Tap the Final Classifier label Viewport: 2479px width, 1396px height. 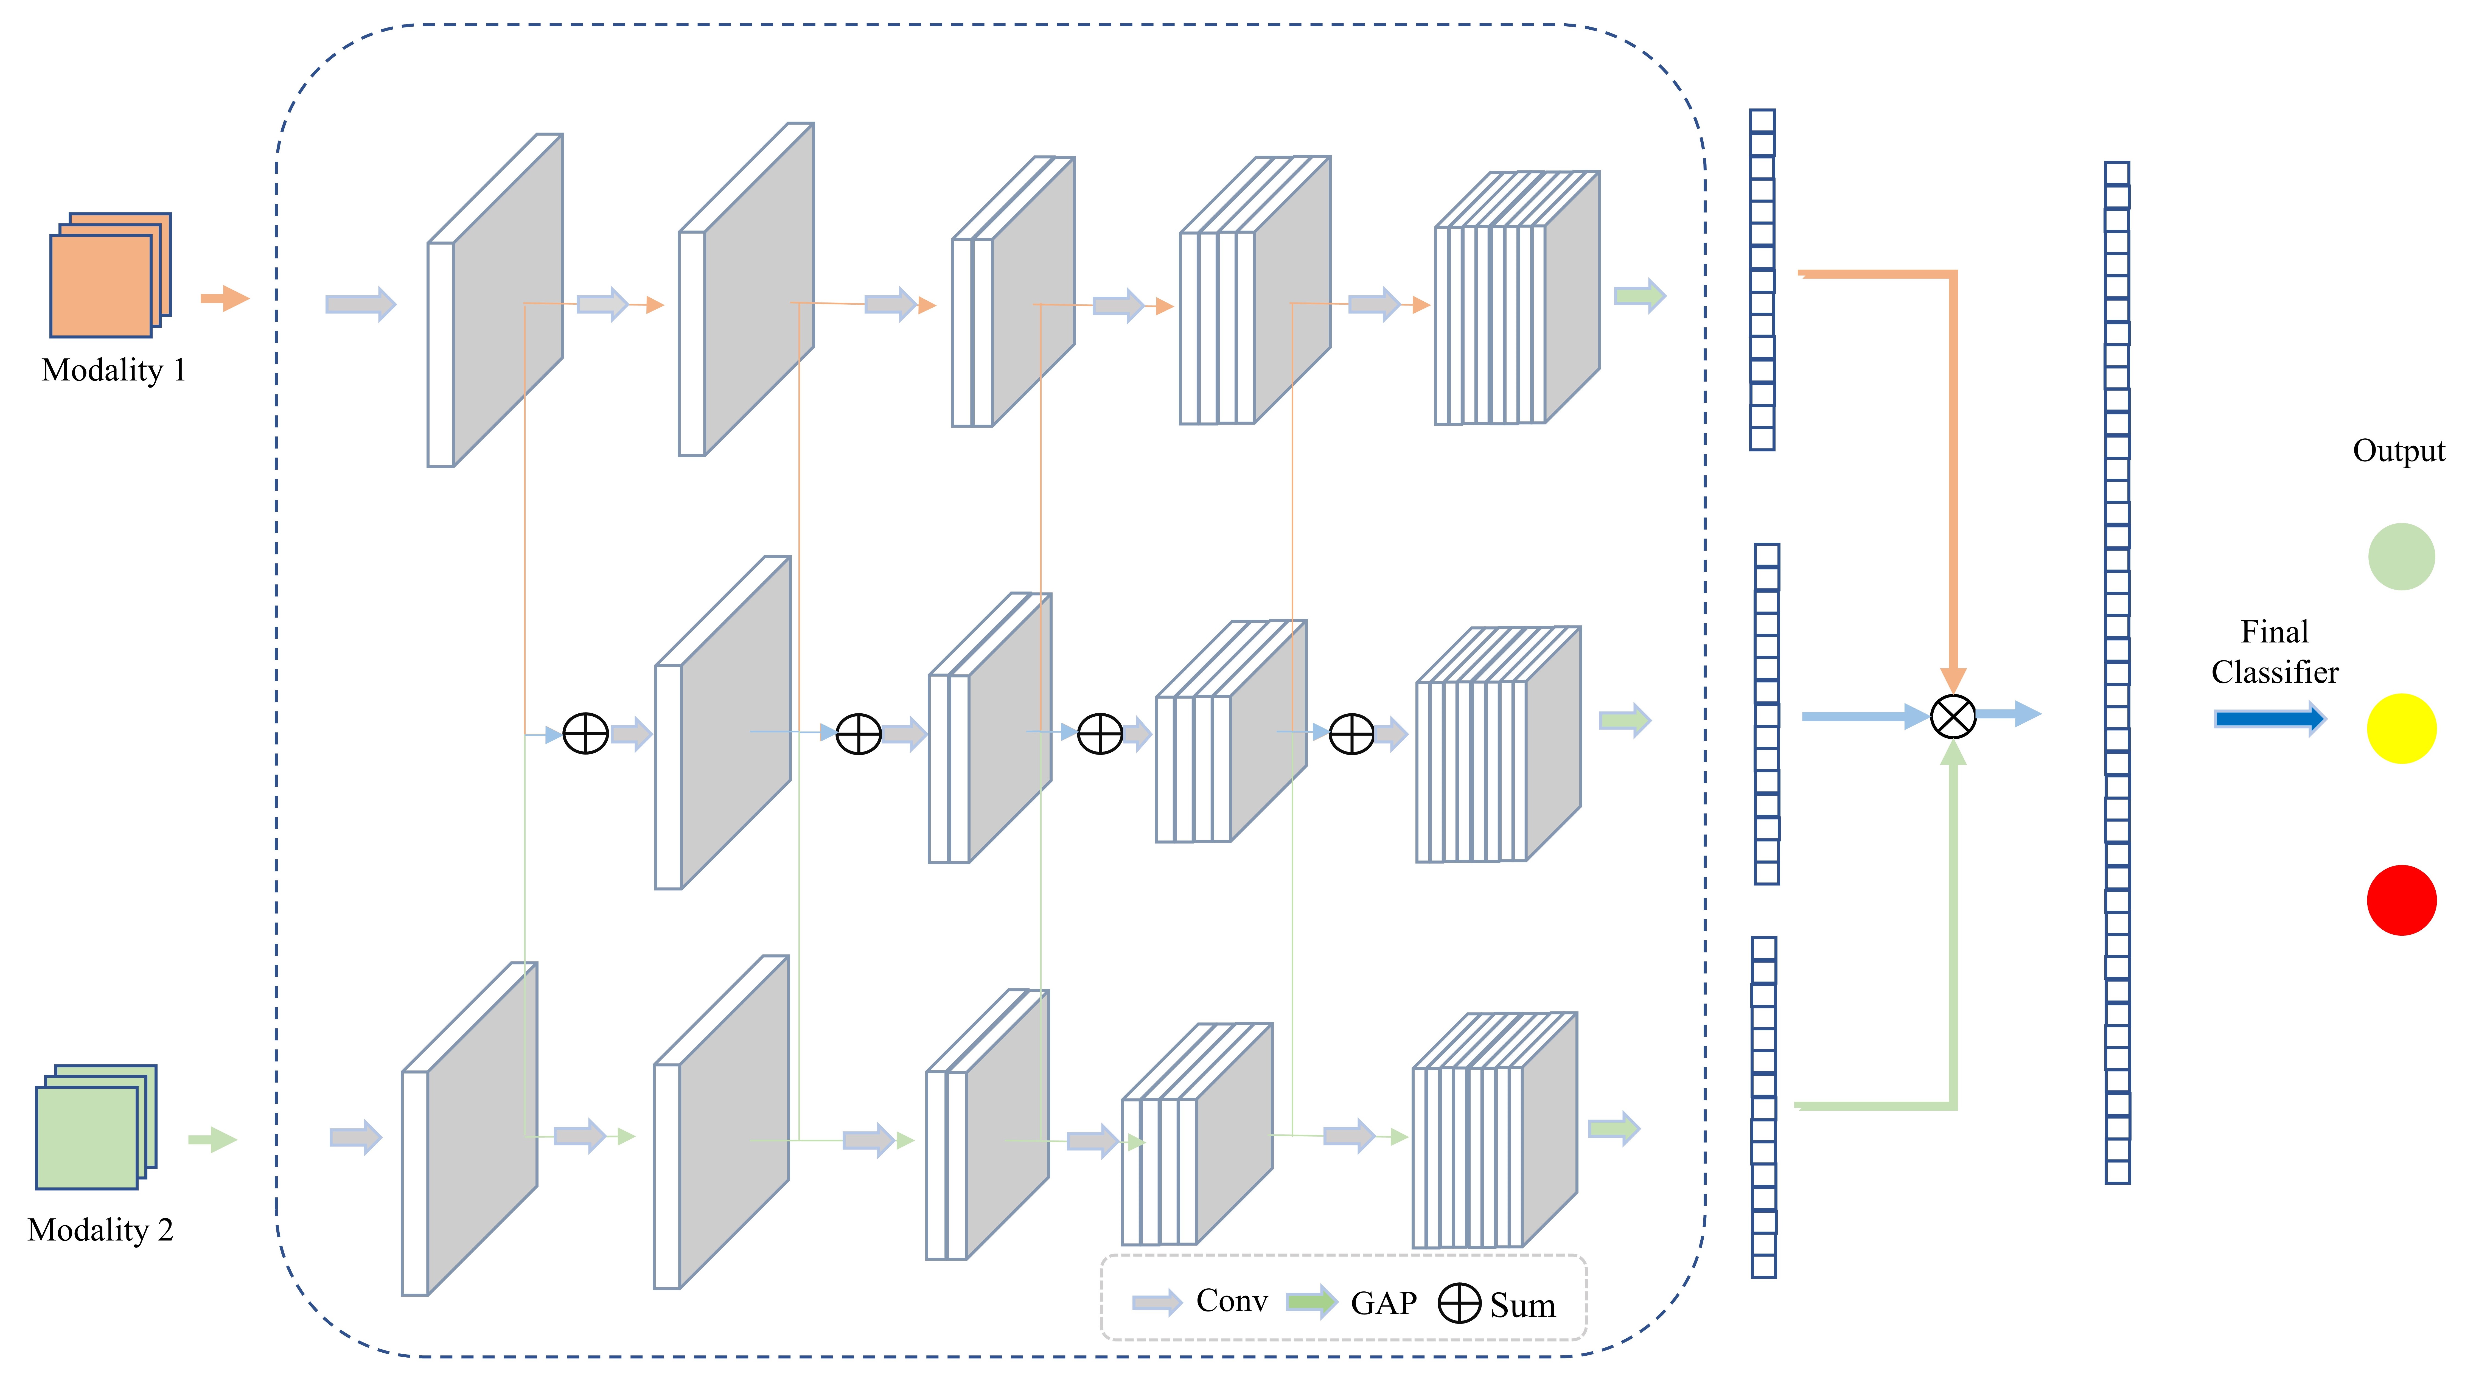[x=2274, y=651]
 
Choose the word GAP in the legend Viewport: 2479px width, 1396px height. [x=1383, y=1303]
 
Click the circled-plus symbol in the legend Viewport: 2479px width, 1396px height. [x=1459, y=1304]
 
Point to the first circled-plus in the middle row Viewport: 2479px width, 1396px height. [x=585, y=734]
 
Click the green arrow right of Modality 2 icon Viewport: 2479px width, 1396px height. [x=212, y=1140]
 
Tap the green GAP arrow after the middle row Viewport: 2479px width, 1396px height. [x=1624, y=720]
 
